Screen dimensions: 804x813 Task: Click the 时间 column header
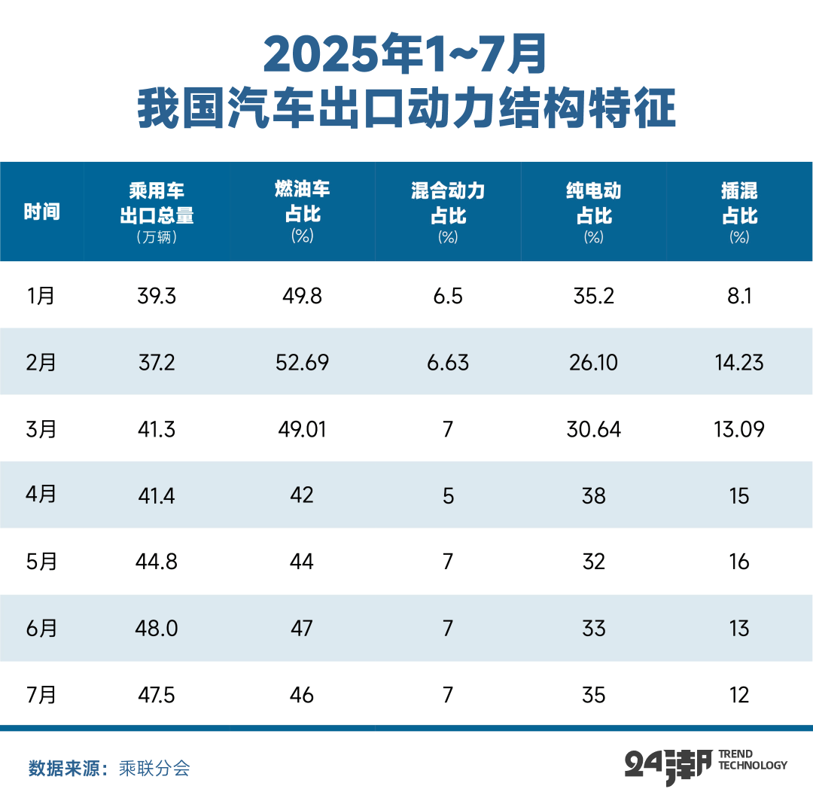click(41, 212)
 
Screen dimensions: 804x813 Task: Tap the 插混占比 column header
click(739, 203)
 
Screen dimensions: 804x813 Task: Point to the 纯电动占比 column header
click(593, 203)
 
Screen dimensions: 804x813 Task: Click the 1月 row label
click(41, 296)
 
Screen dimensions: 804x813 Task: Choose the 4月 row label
click(41, 495)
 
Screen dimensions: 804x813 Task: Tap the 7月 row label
click(41, 694)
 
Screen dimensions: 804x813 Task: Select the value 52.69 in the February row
click(302, 363)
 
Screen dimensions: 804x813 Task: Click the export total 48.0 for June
click(157, 629)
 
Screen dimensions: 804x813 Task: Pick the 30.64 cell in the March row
click(593, 429)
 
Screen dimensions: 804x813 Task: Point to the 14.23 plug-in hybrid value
click(739, 363)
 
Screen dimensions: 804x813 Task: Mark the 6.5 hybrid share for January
click(448, 296)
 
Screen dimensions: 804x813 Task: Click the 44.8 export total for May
click(157, 562)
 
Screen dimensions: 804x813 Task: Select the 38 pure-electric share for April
click(593, 495)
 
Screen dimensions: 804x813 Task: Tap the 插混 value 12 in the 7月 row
click(739, 694)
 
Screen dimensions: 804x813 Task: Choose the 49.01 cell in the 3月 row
click(302, 429)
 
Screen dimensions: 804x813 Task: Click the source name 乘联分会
click(154, 769)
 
